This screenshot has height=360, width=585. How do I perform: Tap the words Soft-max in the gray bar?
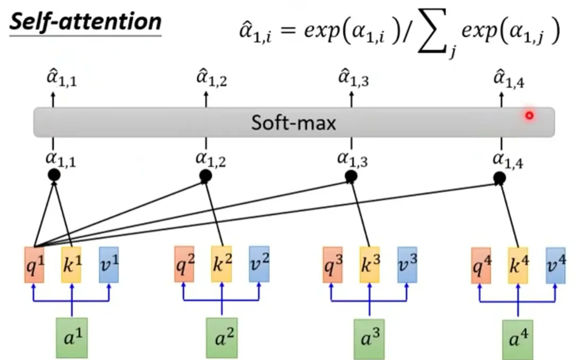click(293, 123)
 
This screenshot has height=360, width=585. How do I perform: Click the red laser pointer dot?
click(529, 116)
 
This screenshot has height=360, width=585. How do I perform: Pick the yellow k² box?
click(222, 264)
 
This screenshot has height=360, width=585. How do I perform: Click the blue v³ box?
click(407, 264)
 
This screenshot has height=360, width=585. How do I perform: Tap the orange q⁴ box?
click(481, 265)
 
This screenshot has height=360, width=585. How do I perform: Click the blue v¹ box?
click(109, 264)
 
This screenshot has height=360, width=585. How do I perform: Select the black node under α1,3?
click(351, 176)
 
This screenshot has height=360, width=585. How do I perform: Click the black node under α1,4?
click(500, 177)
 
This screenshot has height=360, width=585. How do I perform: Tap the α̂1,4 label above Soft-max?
click(509, 80)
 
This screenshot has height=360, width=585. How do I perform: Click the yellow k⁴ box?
click(518, 265)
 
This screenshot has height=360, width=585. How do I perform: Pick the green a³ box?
click(369, 338)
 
